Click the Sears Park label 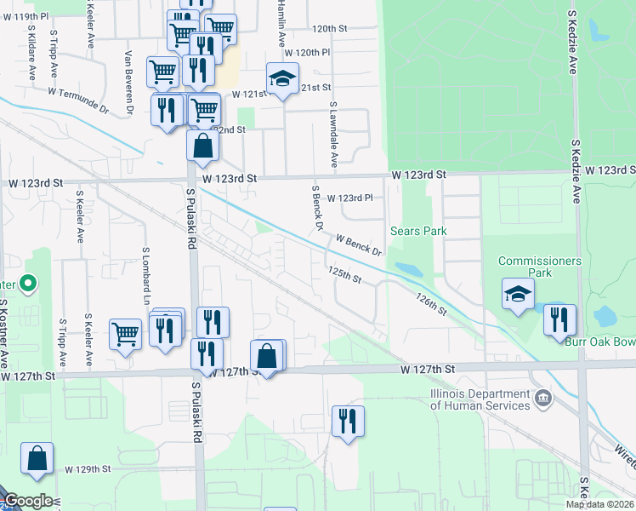coord(418,231)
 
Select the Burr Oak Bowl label coord(600,342)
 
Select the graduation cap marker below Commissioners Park coord(518,294)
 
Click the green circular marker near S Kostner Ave coord(27,283)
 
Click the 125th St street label coord(345,273)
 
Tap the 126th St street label coord(432,305)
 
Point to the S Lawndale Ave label coord(334,135)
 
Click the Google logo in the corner coord(28,501)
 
